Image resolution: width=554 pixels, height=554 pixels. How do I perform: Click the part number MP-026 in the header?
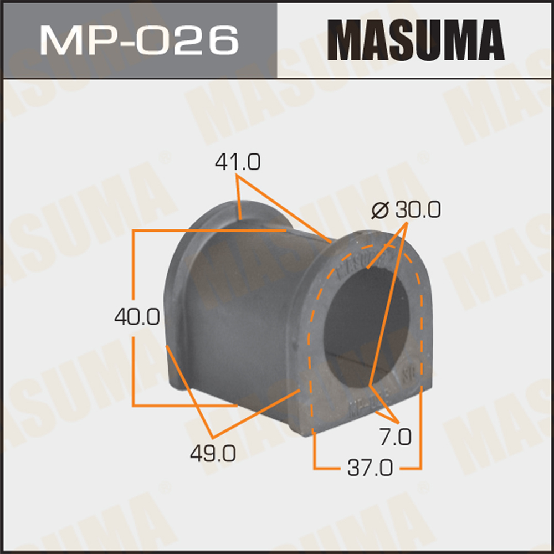coord(139,40)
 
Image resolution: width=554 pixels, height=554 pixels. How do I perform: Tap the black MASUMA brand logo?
coord(416,40)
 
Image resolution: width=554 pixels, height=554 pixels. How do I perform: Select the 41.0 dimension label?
coord(238,162)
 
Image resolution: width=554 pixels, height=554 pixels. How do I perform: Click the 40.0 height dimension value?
coord(137,316)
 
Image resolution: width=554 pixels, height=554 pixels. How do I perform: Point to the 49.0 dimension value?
coord(213,453)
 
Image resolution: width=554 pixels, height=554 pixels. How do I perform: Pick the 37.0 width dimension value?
coord(370,468)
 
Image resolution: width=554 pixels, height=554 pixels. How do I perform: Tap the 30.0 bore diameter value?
coord(418,209)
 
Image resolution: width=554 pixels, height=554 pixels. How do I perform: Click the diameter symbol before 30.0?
coord(380,211)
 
